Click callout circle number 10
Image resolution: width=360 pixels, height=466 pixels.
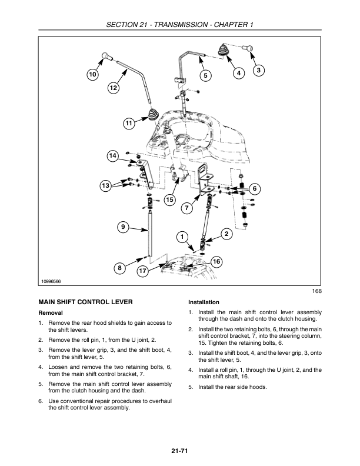pos(92,75)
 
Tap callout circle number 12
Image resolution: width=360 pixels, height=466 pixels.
pos(113,88)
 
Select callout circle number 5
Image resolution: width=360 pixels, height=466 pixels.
pos(205,75)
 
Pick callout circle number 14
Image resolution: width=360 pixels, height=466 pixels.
pos(112,155)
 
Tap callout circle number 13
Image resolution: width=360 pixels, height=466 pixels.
pos(105,186)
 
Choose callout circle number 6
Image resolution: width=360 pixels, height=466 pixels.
pos(254,188)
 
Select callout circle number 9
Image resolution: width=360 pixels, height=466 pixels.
pos(124,227)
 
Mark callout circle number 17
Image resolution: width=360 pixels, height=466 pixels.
pos(142,271)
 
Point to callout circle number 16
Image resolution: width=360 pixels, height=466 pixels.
pos(216,261)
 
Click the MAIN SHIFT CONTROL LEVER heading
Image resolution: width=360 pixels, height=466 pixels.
pos(85,302)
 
